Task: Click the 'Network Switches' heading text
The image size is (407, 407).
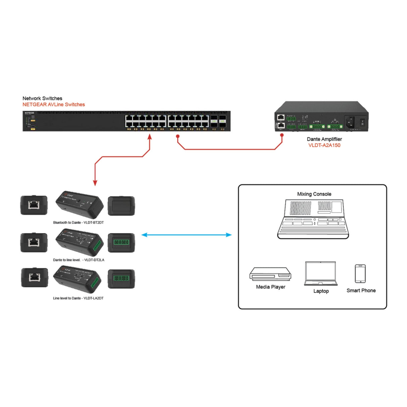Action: (x=42, y=98)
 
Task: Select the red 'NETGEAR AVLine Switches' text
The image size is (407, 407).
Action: (x=54, y=105)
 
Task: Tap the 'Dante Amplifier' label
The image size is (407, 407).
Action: (x=324, y=139)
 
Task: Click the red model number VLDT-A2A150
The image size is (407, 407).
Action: (x=324, y=145)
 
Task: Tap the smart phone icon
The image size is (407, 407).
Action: (x=360, y=274)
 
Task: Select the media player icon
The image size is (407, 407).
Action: (x=270, y=274)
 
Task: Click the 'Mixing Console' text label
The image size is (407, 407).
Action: (x=314, y=194)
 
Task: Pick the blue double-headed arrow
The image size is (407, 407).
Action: (x=186, y=235)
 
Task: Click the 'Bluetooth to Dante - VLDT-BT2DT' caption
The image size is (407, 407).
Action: (x=78, y=223)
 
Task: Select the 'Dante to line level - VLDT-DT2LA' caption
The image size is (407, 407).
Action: (x=78, y=260)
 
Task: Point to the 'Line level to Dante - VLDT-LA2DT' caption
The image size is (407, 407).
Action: (x=78, y=298)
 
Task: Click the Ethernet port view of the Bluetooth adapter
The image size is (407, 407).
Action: (x=34, y=205)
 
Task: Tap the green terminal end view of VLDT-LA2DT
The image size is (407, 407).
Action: (x=121, y=279)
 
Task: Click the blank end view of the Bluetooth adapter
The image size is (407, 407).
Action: (x=121, y=206)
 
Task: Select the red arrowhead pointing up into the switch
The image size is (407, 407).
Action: (x=150, y=136)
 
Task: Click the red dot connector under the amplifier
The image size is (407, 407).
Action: (x=282, y=135)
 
